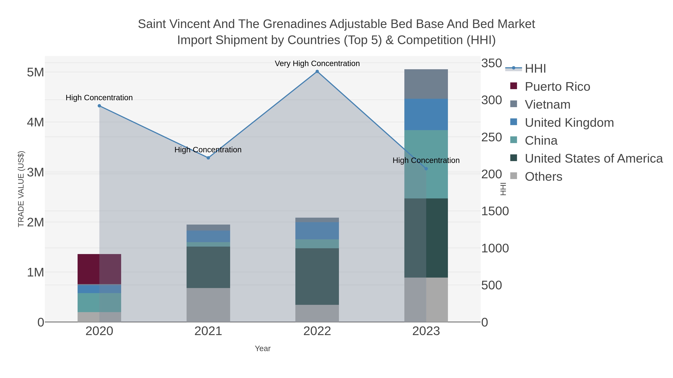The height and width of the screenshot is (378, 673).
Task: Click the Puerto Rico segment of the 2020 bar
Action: click(x=99, y=269)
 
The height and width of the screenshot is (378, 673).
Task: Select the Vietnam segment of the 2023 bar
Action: click(x=426, y=84)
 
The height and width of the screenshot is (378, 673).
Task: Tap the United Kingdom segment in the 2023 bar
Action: click(x=426, y=114)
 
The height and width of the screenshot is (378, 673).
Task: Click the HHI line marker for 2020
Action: click(x=99, y=106)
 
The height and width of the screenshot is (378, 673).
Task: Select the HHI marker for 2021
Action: click(x=208, y=158)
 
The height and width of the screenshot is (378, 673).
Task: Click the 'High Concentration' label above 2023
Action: click(x=426, y=160)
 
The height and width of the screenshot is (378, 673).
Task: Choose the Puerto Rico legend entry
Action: click(x=557, y=87)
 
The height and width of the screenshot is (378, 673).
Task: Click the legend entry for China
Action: click(x=541, y=141)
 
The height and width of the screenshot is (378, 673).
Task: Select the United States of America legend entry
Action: click(x=594, y=159)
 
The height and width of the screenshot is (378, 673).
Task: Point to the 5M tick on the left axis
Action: click(x=36, y=72)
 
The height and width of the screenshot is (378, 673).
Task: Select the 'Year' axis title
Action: click(x=263, y=349)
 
